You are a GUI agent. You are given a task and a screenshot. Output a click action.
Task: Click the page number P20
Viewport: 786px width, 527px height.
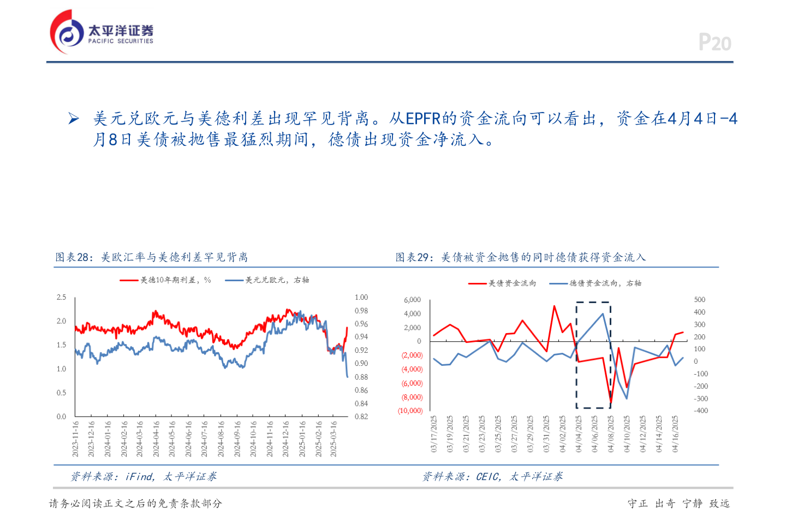pos(714,43)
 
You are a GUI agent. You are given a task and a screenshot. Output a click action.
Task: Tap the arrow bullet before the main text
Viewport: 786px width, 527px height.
pos(74,119)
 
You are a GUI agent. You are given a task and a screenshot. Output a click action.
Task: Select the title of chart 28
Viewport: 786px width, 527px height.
pos(152,257)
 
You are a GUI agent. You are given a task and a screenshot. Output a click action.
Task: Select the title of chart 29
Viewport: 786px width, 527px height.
pos(520,257)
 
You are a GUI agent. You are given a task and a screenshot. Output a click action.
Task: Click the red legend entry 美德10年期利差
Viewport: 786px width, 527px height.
pos(166,280)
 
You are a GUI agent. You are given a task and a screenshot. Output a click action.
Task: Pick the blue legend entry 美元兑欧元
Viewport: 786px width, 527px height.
pos(267,280)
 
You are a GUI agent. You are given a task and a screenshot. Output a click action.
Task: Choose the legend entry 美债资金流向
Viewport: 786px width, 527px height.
pos(502,283)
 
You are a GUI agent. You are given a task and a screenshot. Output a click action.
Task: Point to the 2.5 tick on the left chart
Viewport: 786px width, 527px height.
pos(61,298)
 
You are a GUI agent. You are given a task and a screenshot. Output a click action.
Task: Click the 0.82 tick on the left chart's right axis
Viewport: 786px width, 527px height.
pos(361,417)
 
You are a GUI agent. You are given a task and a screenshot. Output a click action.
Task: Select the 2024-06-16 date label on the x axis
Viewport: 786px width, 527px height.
pos(188,439)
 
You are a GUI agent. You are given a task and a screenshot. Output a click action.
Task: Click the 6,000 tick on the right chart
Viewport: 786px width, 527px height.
pos(412,300)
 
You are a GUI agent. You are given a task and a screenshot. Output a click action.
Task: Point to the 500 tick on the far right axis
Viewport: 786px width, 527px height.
pos(700,300)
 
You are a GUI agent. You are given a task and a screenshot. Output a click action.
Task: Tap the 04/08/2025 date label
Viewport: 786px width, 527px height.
pos(611,434)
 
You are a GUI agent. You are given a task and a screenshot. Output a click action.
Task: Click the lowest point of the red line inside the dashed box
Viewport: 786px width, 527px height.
pos(610,403)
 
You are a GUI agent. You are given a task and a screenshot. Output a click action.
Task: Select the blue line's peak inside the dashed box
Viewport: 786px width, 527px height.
pos(603,313)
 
